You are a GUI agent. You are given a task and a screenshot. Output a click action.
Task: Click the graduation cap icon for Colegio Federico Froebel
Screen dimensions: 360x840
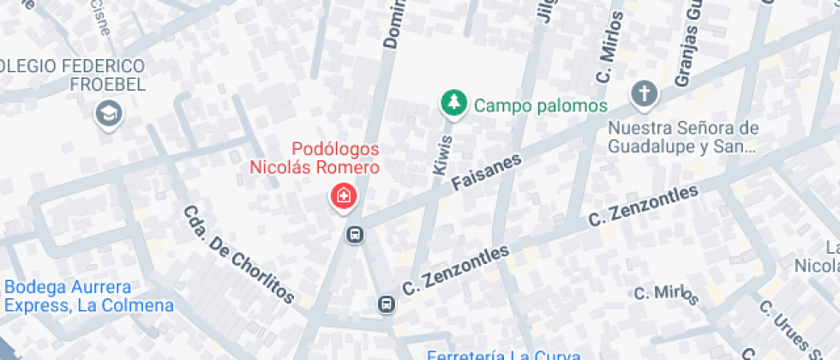(109, 113)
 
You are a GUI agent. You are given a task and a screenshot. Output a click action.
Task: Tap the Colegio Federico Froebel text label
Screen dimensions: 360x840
(73, 75)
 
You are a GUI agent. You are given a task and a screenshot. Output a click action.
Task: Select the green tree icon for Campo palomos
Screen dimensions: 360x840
(453, 104)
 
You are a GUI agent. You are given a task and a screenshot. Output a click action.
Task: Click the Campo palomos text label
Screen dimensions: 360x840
(540, 106)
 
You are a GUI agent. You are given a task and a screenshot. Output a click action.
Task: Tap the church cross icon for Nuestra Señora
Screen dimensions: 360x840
(643, 95)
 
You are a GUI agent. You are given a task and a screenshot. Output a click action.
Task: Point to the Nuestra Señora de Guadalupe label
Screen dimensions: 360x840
(683, 137)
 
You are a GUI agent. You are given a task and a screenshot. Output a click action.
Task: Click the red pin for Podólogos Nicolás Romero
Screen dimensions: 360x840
(344, 197)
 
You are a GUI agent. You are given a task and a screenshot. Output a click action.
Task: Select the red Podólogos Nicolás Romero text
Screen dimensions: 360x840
(315, 158)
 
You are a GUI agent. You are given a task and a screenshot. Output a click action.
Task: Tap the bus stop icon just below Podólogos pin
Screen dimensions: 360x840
(353, 233)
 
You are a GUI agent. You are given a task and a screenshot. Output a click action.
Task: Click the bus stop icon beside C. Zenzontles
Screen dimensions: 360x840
(387, 304)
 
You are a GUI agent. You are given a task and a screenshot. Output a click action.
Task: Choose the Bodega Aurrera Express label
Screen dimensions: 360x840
(88, 297)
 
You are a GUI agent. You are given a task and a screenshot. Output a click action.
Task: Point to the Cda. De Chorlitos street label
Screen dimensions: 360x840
(238, 254)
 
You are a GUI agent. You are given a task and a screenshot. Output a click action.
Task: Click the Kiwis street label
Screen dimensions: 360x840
(442, 155)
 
